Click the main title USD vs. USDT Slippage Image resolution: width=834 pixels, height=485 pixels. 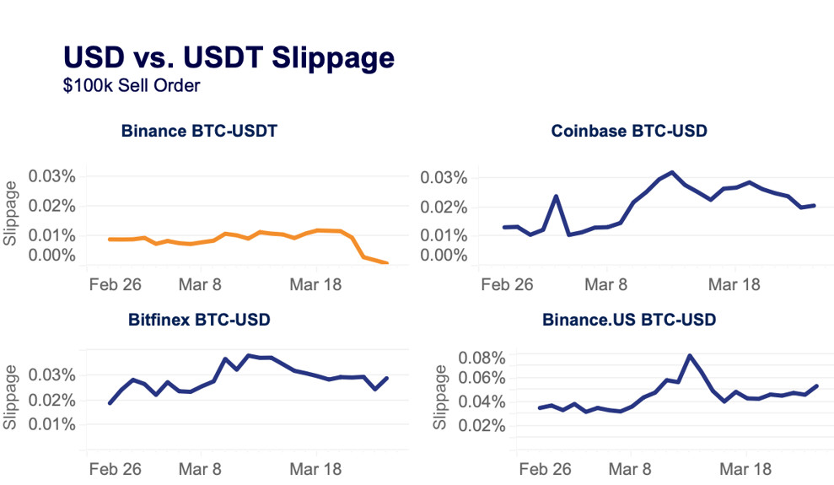pyautogui.click(x=229, y=57)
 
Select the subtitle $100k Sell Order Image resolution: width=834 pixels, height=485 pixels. pyautogui.click(x=131, y=85)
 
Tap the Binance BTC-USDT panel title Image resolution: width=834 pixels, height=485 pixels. pyautogui.click(x=199, y=132)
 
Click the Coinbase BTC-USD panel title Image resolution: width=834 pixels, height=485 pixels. pyautogui.click(x=628, y=131)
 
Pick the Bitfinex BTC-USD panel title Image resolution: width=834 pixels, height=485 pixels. pyautogui.click(x=199, y=321)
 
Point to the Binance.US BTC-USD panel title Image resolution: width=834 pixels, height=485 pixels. pyautogui.click(x=628, y=321)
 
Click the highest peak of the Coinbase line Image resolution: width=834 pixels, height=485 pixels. pyautogui.click(x=672, y=172)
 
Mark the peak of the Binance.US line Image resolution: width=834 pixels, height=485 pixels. pyautogui.click(x=690, y=355)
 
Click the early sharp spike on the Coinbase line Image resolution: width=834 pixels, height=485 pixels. pyautogui.click(x=557, y=196)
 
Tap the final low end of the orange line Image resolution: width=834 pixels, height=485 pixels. pyautogui.click(x=386, y=263)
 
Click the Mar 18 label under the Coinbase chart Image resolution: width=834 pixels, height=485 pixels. pyautogui.click(x=734, y=285)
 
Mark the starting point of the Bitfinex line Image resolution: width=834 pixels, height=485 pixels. pyautogui.click(x=110, y=403)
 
